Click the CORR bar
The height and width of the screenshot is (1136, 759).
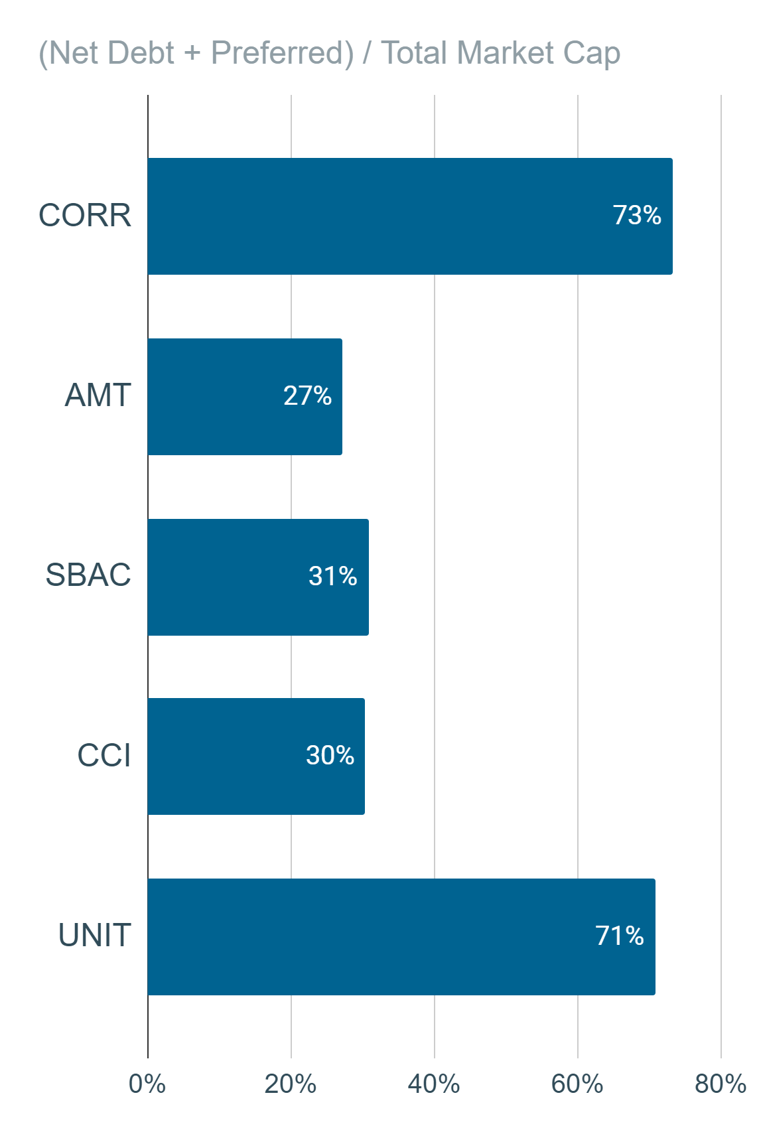[410, 216]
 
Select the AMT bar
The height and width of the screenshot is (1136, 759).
[245, 397]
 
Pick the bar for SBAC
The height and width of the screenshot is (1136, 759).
[258, 577]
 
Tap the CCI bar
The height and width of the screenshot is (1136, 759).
[256, 756]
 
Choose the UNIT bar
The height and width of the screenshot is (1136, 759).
[401, 937]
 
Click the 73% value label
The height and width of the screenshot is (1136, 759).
[637, 215]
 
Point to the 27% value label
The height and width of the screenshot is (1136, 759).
[307, 395]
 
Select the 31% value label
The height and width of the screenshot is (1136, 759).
[332, 576]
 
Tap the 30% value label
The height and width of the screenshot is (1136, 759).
[330, 755]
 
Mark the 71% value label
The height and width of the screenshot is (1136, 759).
[620, 936]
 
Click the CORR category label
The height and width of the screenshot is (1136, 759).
[85, 216]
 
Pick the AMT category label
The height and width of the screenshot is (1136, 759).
[98, 395]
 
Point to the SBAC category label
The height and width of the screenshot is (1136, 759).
[88, 575]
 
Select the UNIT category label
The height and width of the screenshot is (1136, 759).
[95, 935]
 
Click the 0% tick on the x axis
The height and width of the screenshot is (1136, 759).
[147, 1084]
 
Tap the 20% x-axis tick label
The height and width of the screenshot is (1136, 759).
[291, 1084]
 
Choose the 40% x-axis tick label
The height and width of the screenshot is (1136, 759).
[434, 1084]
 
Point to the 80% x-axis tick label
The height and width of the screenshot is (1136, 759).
[721, 1084]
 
